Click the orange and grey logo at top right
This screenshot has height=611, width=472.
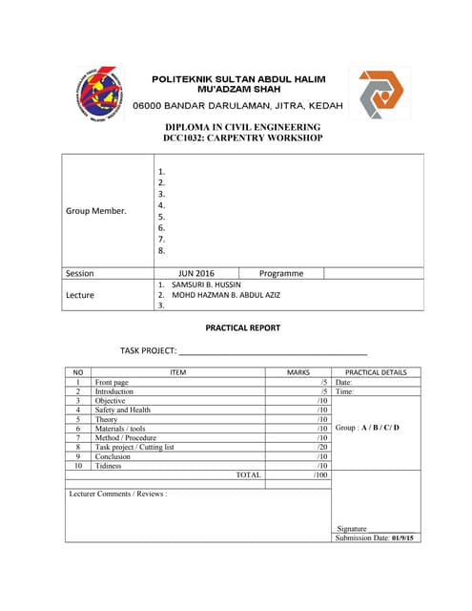click(379, 93)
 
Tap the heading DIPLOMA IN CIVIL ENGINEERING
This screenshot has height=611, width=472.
click(243, 127)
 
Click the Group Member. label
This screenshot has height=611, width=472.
click(94, 211)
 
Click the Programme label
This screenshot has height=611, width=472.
click(281, 273)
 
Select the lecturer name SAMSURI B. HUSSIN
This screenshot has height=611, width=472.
click(206, 284)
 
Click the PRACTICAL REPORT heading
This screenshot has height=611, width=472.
click(243, 327)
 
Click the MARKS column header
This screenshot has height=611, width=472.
click(298, 372)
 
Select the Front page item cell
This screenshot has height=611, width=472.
click(113, 382)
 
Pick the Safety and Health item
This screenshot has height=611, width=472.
click(123, 410)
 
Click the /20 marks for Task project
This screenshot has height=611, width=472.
click(322, 447)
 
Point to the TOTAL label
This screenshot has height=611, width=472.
click(248, 474)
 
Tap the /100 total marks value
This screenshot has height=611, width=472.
click(320, 474)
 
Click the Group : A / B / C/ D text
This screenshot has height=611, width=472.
click(368, 428)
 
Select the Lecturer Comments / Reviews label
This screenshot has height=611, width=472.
click(118, 495)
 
